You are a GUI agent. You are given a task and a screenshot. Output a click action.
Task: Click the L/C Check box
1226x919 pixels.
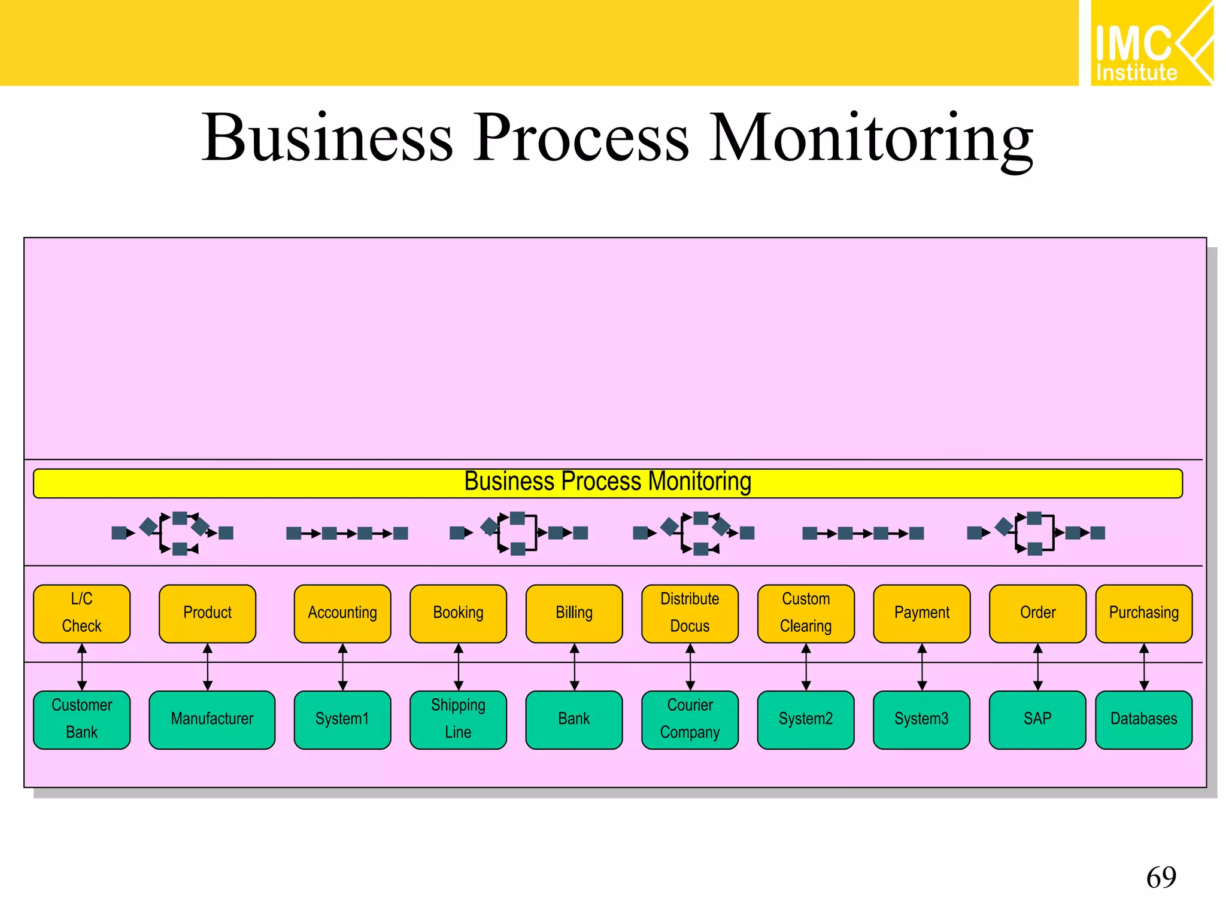tap(81, 613)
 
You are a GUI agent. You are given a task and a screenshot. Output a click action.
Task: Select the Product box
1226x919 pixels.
tap(207, 613)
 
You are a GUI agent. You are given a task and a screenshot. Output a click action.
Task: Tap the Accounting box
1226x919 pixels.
tap(342, 613)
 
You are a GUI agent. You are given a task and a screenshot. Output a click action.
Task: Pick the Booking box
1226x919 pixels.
tap(458, 613)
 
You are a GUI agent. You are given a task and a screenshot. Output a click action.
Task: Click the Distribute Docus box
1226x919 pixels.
tap(690, 613)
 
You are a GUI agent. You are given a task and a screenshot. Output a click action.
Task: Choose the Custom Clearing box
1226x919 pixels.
tap(806, 613)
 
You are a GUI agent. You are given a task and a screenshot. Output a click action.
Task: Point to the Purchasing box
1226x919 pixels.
tap(1143, 613)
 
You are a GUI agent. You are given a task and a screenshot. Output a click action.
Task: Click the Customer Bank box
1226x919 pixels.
tap(81, 719)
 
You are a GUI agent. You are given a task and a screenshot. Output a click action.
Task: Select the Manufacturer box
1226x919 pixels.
tap(212, 719)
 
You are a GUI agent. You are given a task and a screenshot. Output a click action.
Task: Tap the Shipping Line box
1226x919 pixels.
tap(458, 719)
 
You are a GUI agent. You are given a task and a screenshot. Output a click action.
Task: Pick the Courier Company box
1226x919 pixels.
tap(690, 719)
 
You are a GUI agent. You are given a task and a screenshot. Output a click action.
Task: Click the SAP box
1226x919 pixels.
tap(1037, 719)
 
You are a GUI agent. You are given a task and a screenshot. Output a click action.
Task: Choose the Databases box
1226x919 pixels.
tap(1143, 719)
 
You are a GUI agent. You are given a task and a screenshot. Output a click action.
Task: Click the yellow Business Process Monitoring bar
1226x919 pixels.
tap(608, 483)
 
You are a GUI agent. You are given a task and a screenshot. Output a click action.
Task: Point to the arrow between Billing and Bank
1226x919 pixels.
tap(574, 667)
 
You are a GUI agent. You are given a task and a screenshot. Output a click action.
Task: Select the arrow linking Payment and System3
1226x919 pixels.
tap(922, 667)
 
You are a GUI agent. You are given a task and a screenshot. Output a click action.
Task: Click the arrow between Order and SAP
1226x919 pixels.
tap(1038, 667)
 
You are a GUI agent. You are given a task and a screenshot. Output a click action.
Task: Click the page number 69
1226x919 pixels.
tap(1161, 878)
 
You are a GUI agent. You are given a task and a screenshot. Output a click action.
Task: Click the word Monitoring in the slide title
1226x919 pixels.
tap(871, 139)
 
